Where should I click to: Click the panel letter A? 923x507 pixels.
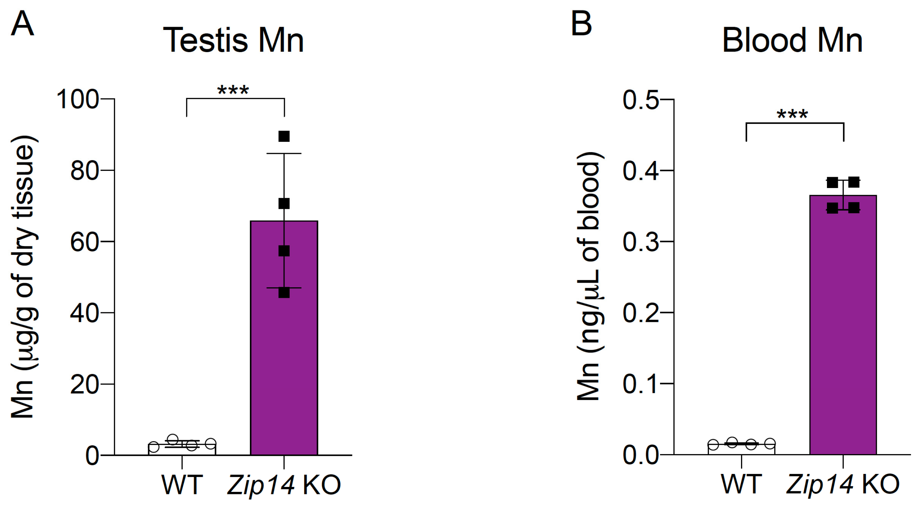[22, 24]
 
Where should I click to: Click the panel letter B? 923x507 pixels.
[581, 24]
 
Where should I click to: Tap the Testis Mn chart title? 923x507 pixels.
[233, 40]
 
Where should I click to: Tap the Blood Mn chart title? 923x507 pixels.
[792, 40]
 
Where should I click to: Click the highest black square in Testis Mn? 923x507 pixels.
[284, 136]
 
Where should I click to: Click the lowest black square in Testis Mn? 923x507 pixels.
[284, 293]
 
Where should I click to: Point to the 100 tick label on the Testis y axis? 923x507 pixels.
[77, 99]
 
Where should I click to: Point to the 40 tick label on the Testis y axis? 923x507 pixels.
[84, 313]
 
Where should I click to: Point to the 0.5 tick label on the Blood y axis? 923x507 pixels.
[641, 100]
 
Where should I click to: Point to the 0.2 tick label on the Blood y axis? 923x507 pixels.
[641, 313]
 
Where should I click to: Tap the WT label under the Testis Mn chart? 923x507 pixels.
[182, 485]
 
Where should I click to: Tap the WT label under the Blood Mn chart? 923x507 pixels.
[741, 485]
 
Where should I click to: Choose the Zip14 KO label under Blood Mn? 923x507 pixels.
[843, 485]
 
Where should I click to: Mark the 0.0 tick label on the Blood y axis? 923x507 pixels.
[641, 455]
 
